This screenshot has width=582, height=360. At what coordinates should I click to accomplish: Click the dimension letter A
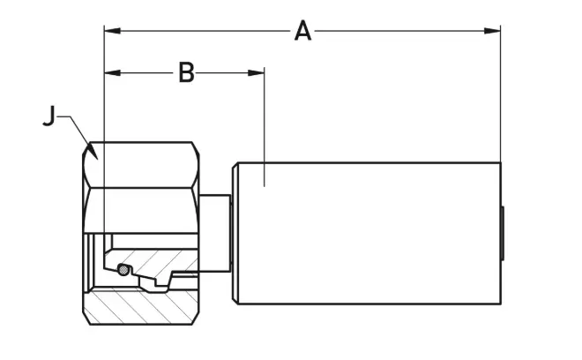(x=302, y=32)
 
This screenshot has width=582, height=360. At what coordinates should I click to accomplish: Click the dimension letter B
(x=186, y=72)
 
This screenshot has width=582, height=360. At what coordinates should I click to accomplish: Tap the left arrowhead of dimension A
(x=110, y=31)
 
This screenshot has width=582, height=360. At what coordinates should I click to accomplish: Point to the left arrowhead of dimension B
(x=110, y=72)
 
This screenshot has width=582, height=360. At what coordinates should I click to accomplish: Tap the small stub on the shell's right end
(x=503, y=234)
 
